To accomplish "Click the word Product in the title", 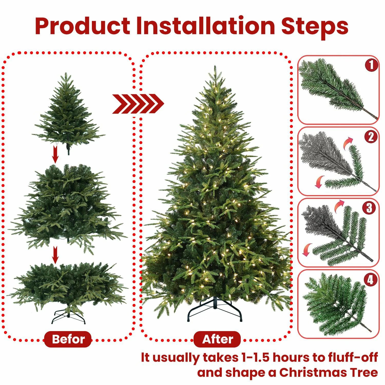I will click(82, 26).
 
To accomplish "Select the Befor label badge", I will click(68, 339).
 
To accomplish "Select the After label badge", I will click(217, 339).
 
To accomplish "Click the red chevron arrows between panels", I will click(138, 104).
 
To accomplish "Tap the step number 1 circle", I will click(371, 65).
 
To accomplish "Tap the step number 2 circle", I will click(371, 137).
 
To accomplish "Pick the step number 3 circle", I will click(369, 208).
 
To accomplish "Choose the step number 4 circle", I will click(370, 280).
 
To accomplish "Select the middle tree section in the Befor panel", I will click(68, 205).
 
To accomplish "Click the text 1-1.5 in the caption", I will click(255, 358).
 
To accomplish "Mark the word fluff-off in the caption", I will click(353, 358).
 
